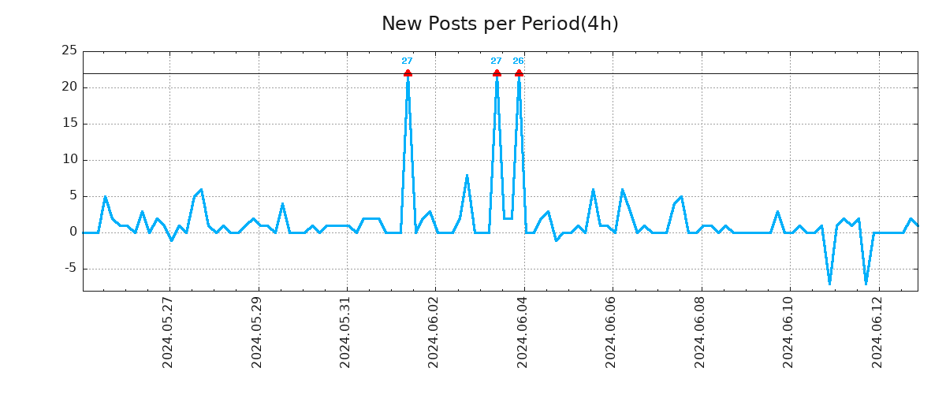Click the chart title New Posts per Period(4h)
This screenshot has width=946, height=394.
500,24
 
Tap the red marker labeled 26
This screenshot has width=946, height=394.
519,73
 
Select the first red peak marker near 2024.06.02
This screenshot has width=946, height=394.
408,73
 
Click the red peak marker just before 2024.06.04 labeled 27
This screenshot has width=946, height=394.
497,73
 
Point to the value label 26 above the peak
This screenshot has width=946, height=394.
518,61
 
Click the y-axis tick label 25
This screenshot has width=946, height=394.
69,51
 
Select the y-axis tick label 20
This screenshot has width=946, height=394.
69,87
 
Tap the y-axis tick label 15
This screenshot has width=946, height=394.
69,124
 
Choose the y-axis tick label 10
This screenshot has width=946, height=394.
69,160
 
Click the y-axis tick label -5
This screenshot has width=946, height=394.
69,269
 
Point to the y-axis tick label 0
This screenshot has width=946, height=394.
73,232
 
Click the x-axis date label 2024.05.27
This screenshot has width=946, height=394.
168,332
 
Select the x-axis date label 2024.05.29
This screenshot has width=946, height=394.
257,332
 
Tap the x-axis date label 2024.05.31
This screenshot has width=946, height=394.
345,332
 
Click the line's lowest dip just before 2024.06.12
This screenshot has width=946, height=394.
866,283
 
